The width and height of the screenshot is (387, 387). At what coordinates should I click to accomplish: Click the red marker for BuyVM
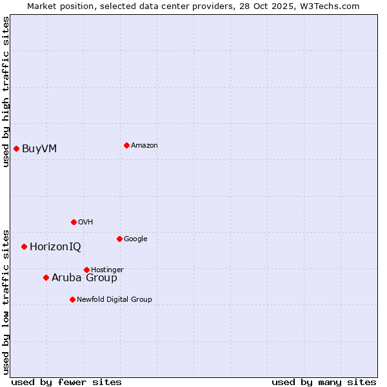pyautogui.click(x=16, y=149)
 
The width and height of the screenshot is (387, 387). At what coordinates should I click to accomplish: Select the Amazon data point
pyautogui.click(x=126, y=145)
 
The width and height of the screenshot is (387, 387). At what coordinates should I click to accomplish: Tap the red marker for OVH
pyautogui.click(x=74, y=222)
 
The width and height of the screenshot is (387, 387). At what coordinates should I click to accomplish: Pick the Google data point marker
pyautogui.click(x=119, y=239)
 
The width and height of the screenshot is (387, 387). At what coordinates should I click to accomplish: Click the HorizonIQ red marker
pyautogui.click(x=24, y=246)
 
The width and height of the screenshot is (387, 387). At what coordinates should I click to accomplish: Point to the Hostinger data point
pyautogui.click(x=86, y=270)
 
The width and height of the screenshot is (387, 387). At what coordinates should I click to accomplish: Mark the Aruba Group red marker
pyautogui.click(x=46, y=277)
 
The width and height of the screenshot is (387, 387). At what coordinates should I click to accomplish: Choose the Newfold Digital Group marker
pyautogui.click(x=72, y=299)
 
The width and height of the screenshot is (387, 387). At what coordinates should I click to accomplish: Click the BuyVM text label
pyautogui.click(x=39, y=149)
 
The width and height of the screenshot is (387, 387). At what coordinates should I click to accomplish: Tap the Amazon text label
pyautogui.click(x=144, y=145)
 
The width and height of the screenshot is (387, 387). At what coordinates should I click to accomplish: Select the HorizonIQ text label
pyautogui.click(x=55, y=247)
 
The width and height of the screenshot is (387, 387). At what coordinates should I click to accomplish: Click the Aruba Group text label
pyautogui.click(x=84, y=278)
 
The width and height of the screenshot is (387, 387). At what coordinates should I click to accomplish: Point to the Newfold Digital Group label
pyautogui.click(x=115, y=299)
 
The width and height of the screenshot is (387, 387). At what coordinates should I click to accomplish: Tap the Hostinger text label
pyautogui.click(x=107, y=270)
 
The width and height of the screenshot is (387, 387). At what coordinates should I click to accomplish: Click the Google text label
pyautogui.click(x=135, y=239)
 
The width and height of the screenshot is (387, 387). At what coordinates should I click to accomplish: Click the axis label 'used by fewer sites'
pyautogui.click(x=66, y=382)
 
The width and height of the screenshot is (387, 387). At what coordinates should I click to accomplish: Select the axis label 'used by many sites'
pyautogui.click(x=324, y=382)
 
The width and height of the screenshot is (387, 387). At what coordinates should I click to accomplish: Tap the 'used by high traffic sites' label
pyautogui.click(x=6, y=92)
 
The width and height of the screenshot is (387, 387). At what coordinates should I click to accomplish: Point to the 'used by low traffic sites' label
pyautogui.click(x=6, y=301)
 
